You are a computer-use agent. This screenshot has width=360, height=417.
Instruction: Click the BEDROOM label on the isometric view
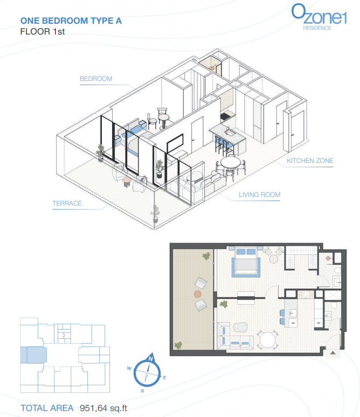point(96,79)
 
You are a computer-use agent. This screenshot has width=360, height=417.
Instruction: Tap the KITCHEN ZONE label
point(310,161)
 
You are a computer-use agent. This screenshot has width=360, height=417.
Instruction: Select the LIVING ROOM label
point(259,195)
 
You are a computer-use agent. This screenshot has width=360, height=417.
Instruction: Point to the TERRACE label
point(67,203)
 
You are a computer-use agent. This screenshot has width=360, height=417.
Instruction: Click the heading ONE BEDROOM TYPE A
point(71,20)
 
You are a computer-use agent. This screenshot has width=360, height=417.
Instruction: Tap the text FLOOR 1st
point(43,32)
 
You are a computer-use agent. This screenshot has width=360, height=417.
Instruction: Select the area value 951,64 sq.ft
point(103,408)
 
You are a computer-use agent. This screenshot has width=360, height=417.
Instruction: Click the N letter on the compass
point(151,359)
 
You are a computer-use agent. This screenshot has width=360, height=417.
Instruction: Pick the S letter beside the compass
point(142,391)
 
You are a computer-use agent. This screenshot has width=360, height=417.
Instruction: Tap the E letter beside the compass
point(164,378)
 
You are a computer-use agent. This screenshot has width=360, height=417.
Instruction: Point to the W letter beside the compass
point(129,368)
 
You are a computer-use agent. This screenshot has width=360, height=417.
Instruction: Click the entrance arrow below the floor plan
point(333,353)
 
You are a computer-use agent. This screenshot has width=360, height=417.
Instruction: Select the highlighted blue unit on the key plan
point(33,355)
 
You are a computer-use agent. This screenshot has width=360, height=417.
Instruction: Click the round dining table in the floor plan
point(268,340)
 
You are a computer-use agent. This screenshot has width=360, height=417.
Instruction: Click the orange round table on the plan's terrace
point(197,294)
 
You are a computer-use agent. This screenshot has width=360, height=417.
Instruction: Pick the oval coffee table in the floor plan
point(241,327)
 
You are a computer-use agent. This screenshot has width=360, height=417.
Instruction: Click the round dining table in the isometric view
point(230,162)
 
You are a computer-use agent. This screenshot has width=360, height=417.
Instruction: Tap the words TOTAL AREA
point(47,408)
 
